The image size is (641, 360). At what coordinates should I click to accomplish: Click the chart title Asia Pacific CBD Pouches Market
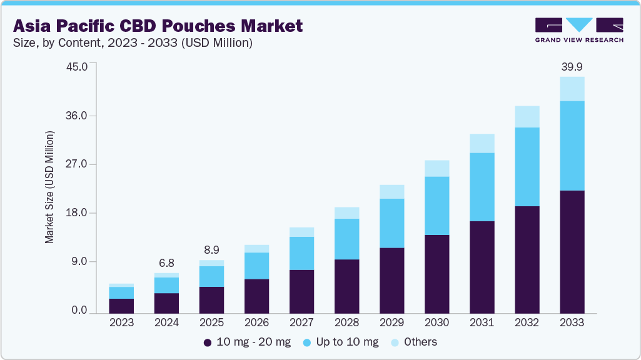coord(158,26)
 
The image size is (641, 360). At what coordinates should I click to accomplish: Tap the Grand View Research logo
coord(579,29)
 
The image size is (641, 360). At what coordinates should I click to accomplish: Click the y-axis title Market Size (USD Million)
coord(49,187)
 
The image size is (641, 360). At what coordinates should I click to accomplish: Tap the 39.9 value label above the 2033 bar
coord(572,66)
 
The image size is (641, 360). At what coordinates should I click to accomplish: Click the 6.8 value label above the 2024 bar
coord(166,262)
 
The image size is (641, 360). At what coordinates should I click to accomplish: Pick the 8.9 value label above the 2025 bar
coord(211,249)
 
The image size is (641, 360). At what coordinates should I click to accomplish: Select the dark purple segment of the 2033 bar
coord(572,252)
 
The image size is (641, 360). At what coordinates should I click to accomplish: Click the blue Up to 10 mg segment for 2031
coord(482,187)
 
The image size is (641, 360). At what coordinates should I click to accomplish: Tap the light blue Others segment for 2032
coord(527,117)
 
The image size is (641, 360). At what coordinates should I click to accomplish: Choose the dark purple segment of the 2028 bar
coord(346,286)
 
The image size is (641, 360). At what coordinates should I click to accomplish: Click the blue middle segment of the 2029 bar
coord(391,223)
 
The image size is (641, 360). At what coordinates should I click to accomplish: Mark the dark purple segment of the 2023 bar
coord(121,306)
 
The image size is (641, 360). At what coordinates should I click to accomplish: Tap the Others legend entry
coord(413,342)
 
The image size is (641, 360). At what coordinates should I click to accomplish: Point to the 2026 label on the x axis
coord(256,322)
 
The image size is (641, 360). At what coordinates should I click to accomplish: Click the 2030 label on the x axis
coord(437,322)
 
